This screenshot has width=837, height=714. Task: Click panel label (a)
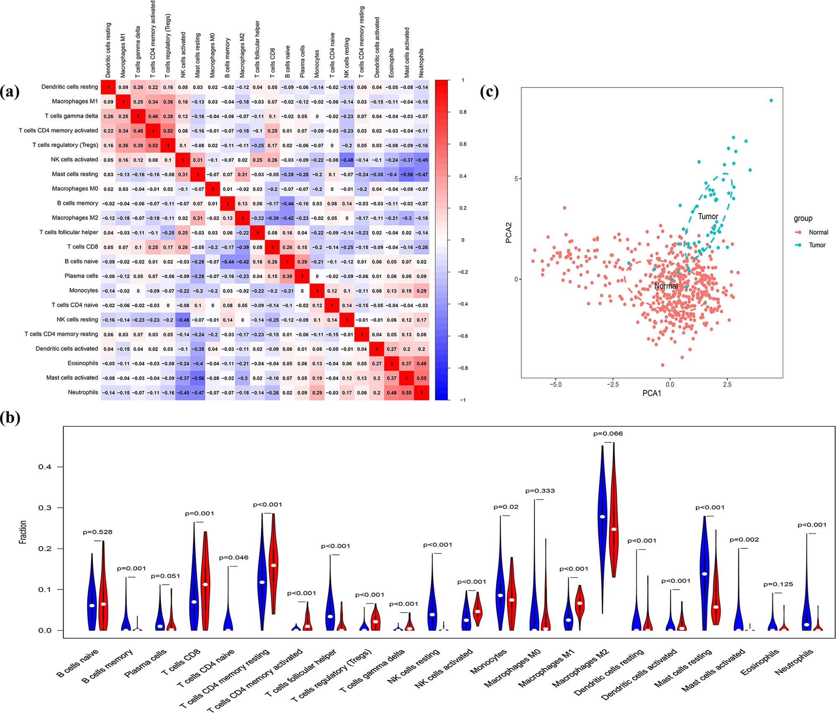click(x=10, y=91)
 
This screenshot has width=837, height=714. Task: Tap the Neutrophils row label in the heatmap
click(x=83, y=393)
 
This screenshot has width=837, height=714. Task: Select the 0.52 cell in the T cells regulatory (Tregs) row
click(x=153, y=146)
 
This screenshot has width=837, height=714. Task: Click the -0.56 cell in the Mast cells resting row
click(x=406, y=175)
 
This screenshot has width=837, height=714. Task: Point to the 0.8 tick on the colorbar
click(x=462, y=112)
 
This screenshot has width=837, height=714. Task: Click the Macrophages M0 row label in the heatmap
click(x=75, y=189)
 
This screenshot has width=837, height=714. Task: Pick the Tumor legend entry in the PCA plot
click(x=816, y=245)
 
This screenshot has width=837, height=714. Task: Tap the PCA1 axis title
click(x=652, y=393)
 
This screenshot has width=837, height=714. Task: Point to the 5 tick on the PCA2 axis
click(x=516, y=179)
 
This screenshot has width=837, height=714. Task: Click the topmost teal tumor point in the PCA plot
click(x=771, y=100)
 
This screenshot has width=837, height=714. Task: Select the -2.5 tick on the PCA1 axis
click(x=613, y=384)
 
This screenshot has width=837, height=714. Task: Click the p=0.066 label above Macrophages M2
click(x=608, y=434)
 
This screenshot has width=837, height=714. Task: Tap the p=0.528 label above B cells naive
click(x=97, y=532)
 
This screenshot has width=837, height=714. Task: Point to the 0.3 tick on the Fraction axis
click(x=45, y=508)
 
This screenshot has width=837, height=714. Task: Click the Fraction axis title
click(x=23, y=532)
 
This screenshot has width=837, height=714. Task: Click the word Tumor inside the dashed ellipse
click(x=708, y=216)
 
